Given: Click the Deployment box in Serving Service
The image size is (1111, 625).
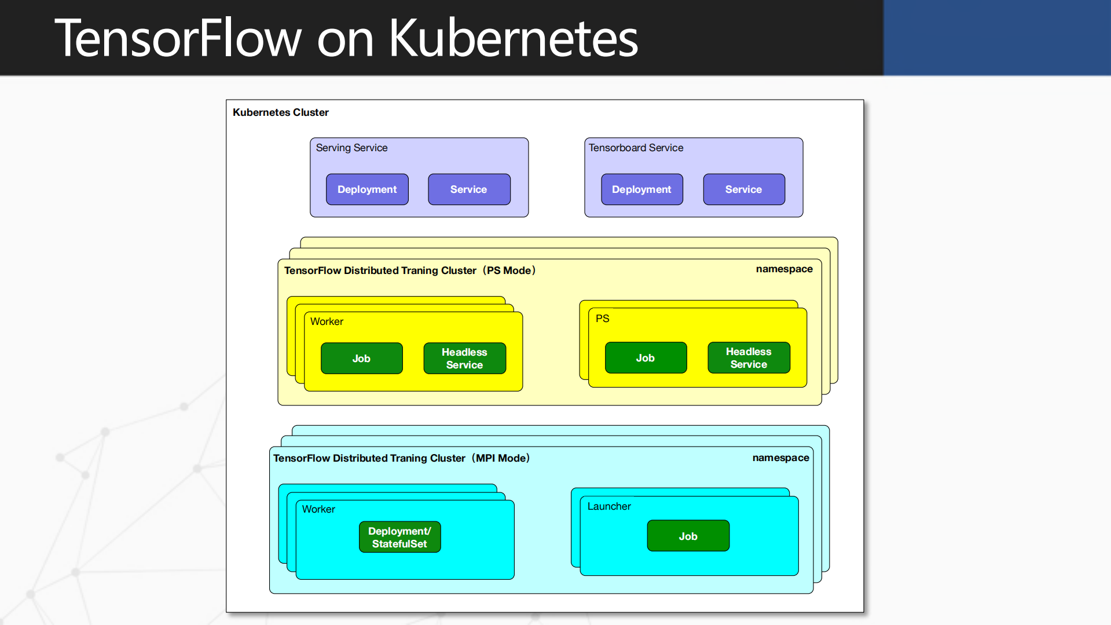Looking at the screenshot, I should (367, 189).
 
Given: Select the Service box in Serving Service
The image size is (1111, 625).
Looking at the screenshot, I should (469, 189).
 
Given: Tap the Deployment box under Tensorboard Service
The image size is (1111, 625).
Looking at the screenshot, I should (641, 189).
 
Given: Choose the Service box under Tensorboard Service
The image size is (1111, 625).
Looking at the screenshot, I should (744, 189).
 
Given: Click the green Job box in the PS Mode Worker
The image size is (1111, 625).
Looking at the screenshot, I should (361, 359).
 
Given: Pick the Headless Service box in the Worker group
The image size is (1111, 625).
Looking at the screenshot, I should (464, 359).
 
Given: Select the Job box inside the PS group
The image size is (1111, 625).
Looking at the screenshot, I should (646, 358).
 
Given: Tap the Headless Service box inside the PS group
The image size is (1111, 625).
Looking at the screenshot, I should (749, 358).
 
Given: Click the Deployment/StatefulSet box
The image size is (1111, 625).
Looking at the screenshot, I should (399, 538).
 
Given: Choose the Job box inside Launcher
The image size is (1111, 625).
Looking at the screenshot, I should (688, 536).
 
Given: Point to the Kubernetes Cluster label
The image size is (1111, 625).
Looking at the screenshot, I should (280, 112).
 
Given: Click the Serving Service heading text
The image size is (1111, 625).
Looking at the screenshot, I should (351, 148).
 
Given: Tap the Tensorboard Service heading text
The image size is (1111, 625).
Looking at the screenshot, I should (636, 148).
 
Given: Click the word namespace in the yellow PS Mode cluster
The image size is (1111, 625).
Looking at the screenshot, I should (784, 269).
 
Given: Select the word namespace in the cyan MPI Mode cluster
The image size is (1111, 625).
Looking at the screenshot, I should (780, 458).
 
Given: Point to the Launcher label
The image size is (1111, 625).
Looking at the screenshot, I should (609, 506).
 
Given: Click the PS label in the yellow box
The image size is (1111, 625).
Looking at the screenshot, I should (602, 319).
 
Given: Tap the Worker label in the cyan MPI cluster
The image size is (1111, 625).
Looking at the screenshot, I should (318, 509).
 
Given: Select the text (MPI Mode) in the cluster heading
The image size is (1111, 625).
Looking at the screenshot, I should (501, 458).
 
